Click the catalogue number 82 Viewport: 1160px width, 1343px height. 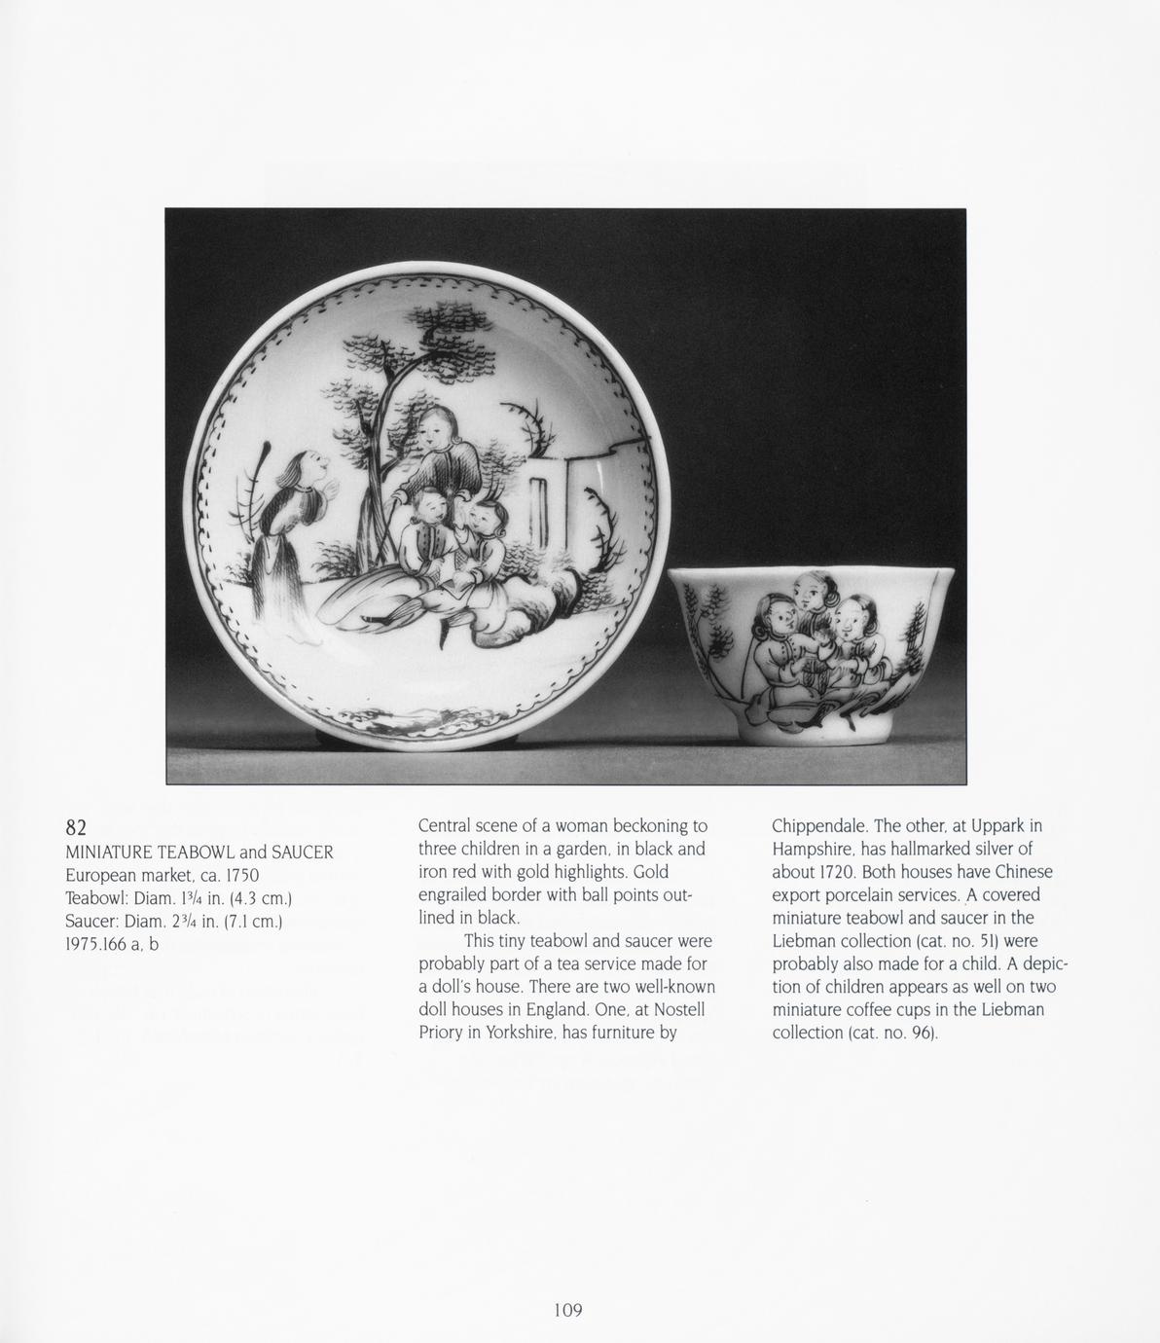click(x=76, y=827)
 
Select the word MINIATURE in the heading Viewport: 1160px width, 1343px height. click(x=109, y=853)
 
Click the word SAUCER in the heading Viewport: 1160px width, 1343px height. click(x=302, y=853)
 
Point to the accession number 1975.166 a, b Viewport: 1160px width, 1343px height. click(x=111, y=944)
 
